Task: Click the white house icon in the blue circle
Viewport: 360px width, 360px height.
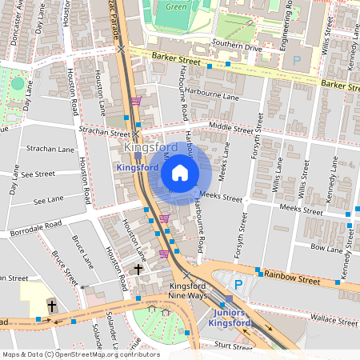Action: (180, 172)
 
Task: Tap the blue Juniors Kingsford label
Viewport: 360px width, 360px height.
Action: (230, 318)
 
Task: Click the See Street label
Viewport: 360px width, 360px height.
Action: (38, 174)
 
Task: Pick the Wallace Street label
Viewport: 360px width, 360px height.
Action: (334, 321)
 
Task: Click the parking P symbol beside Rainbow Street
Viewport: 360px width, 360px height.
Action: (237, 284)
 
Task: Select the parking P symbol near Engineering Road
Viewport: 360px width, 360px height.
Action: (298, 60)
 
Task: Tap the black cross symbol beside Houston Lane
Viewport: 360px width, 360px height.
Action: (138, 270)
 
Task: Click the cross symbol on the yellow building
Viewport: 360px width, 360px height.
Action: (52, 306)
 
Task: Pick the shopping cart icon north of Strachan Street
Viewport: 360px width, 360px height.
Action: (135, 101)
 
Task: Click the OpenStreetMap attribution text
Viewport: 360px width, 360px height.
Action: (81, 354)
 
